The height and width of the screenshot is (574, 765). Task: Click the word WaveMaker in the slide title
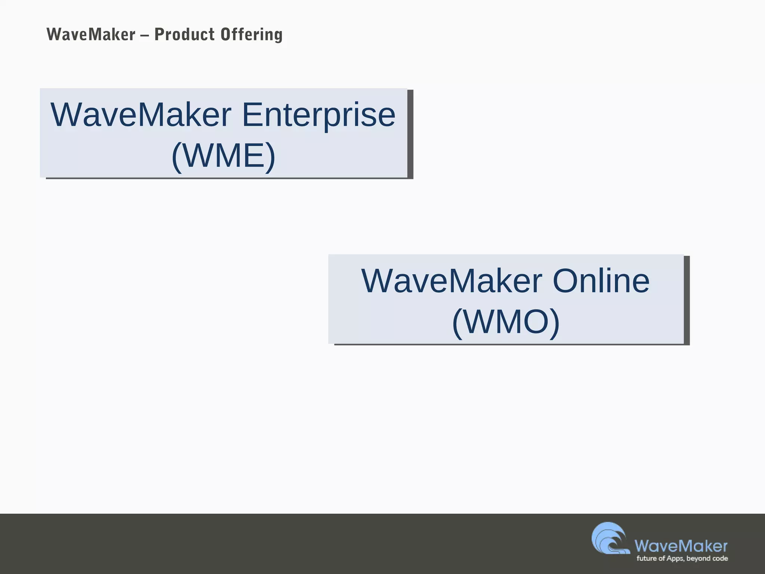pyautogui.click(x=91, y=35)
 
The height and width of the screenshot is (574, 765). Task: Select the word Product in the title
pyautogui.click(x=185, y=35)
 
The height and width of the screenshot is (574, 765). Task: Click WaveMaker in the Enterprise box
pyautogui.click(x=141, y=115)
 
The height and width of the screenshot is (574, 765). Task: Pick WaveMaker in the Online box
pyautogui.click(x=452, y=281)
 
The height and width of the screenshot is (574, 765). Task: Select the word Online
pyautogui.click(x=601, y=281)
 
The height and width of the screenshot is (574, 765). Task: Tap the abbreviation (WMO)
pyautogui.click(x=506, y=322)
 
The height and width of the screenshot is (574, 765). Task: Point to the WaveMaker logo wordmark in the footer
pyautogui.click(x=681, y=546)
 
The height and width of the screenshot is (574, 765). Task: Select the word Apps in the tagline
pyautogui.click(x=675, y=559)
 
